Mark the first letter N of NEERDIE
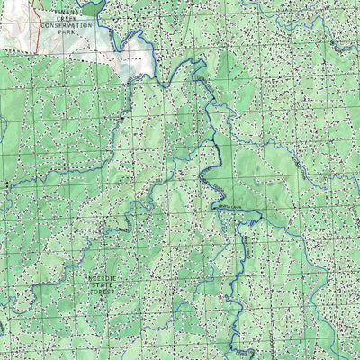(88, 279)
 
